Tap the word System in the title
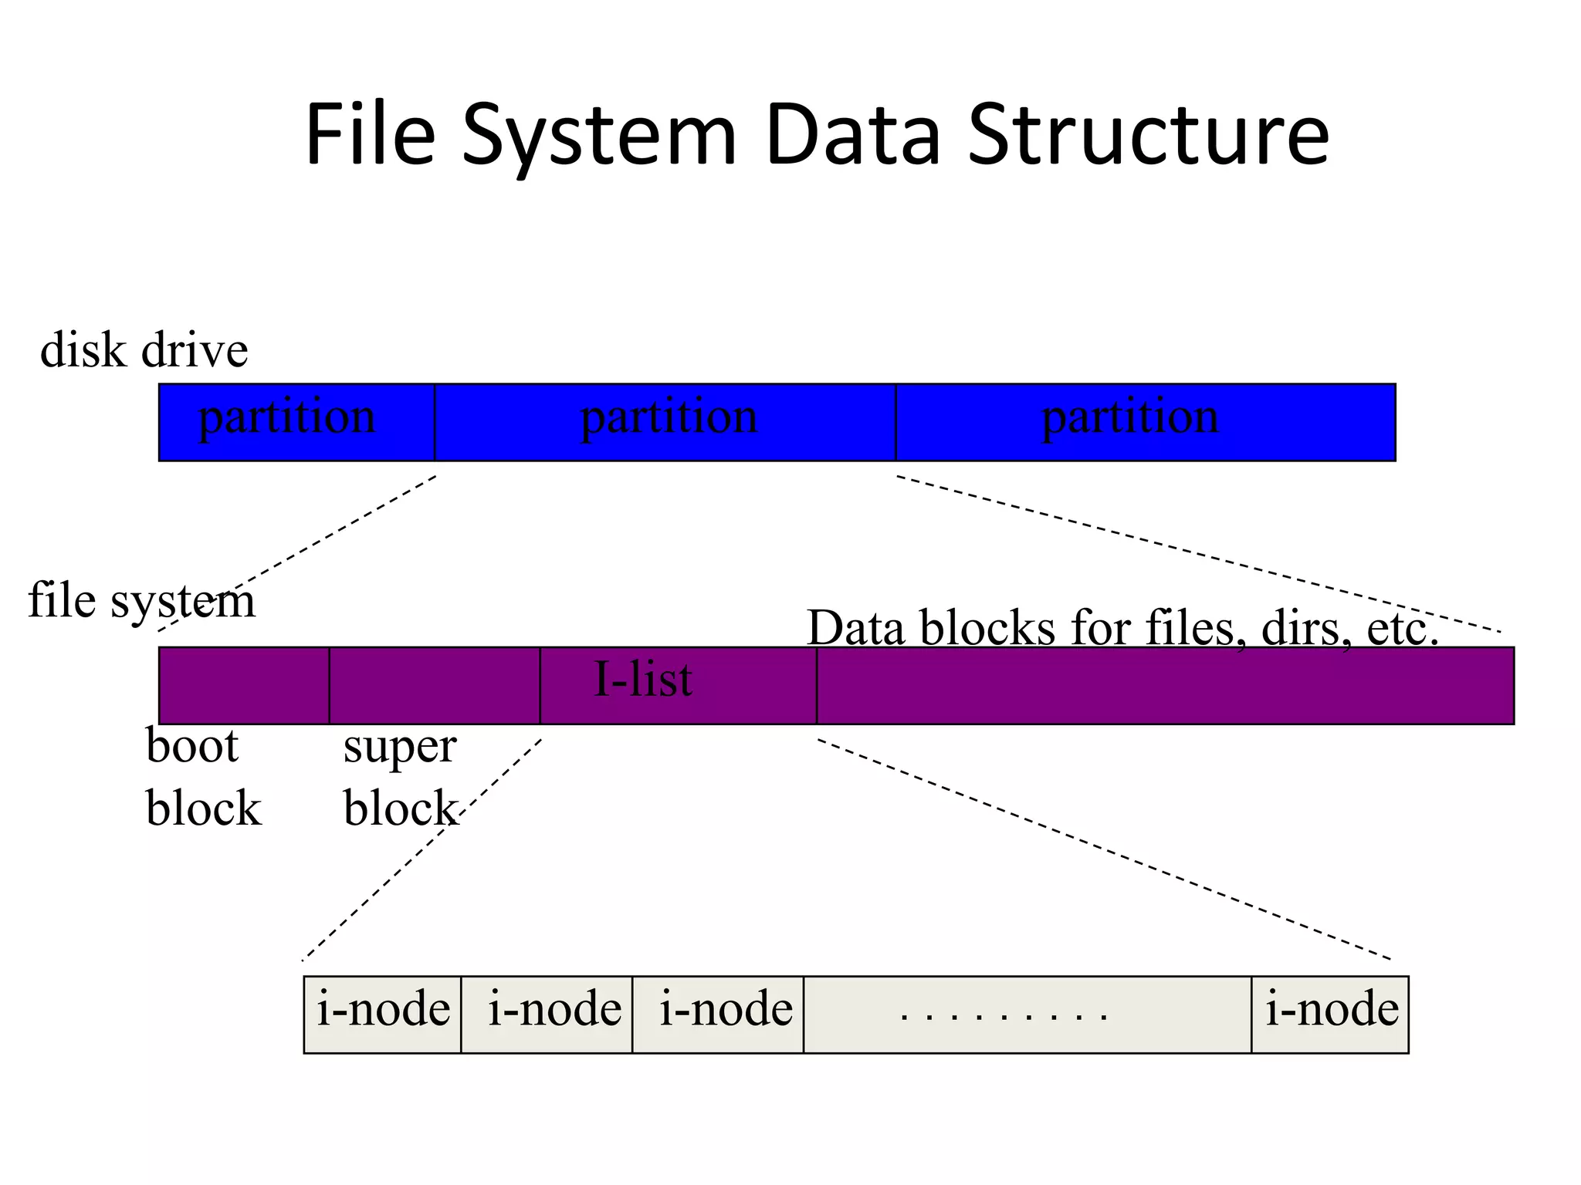[599, 137]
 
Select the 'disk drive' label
[144, 350]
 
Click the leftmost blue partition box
[296, 422]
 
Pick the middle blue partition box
[665, 422]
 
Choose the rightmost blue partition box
[1145, 422]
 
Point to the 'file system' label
[141, 601]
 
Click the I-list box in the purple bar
[678, 685]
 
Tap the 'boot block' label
[202, 777]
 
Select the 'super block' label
[400, 777]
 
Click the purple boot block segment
[244, 685]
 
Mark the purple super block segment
[434, 685]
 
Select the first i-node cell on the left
[383, 1014]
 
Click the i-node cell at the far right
[1330, 1014]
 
